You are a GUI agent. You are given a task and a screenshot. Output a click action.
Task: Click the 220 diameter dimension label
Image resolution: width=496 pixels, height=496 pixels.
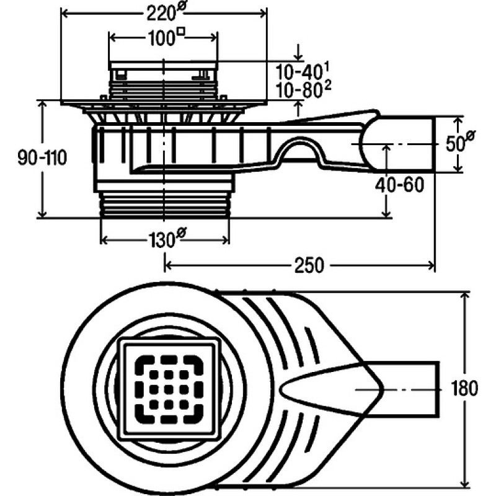point(165,12)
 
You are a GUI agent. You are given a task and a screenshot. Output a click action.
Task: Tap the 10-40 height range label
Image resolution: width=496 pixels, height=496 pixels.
point(303,71)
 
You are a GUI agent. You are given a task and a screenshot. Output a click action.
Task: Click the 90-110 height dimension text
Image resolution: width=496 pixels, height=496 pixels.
point(42,157)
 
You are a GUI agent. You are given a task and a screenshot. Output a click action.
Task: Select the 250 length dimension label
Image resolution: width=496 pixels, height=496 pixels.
point(309,265)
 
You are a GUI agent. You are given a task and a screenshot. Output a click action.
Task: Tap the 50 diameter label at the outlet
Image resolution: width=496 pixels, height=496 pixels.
point(460,141)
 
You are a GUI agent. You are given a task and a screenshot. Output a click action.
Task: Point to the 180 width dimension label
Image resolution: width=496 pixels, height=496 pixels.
point(464,388)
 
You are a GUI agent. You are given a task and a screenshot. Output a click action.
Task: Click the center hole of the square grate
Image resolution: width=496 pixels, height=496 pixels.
point(169,388)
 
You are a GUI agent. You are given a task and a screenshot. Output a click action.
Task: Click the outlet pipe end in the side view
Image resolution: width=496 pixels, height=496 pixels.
point(435,145)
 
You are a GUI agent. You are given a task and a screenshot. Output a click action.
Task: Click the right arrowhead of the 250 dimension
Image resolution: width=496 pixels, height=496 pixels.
point(431,265)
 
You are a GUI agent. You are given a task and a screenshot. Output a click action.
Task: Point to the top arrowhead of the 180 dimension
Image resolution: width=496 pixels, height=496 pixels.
point(465,296)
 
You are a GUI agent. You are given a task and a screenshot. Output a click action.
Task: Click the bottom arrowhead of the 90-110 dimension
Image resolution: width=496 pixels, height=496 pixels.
point(43,214)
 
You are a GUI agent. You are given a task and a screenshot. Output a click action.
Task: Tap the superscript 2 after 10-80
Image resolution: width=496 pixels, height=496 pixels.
point(328,86)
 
